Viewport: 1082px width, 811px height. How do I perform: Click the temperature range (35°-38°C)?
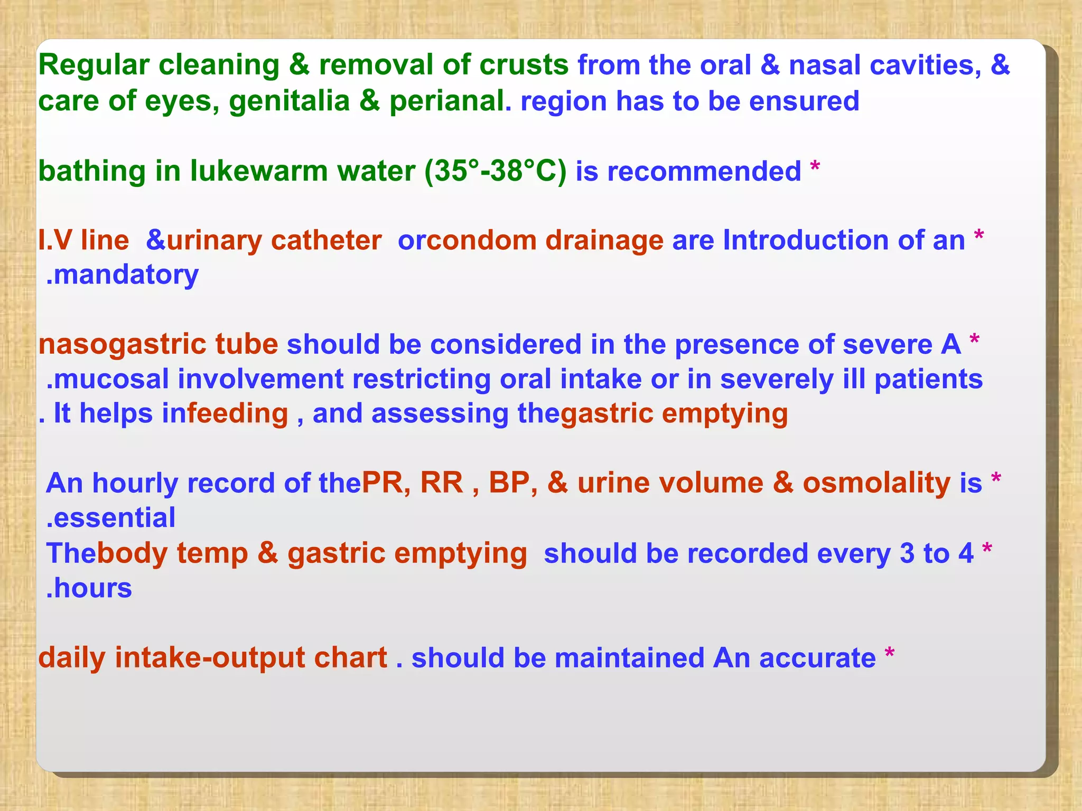[495, 172]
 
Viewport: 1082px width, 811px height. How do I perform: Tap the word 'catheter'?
[326, 241]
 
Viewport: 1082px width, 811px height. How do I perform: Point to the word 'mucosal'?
[111, 379]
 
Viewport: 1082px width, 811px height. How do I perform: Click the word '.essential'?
[110, 518]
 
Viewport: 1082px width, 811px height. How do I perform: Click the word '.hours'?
[89, 588]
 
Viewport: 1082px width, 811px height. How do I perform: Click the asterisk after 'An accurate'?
[889, 653]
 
